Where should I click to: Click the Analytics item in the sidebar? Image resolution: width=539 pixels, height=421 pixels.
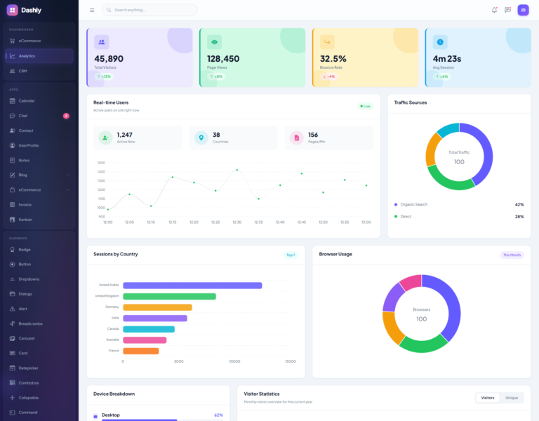(27, 56)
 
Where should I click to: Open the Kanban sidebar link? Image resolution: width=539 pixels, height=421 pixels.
(25, 220)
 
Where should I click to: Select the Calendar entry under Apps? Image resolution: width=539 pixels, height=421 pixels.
(27, 101)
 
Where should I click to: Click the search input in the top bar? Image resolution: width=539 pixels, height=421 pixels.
(150, 10)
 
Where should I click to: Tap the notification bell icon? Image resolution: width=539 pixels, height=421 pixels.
(494, 10)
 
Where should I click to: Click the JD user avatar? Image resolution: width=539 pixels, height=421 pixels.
(523, 10)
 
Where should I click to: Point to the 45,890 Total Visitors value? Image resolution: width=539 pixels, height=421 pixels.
(109, 59)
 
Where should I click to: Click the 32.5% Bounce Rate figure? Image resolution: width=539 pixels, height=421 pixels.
(333, 59)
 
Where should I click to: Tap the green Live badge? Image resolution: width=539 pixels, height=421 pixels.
(365, 107)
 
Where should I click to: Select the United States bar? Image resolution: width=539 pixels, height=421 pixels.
(192, 286)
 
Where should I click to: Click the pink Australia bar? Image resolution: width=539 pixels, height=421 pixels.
(145, 340)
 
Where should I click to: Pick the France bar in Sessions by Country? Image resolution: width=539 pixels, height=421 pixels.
(141, 351)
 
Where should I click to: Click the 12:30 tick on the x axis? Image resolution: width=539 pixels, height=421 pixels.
(237, 222)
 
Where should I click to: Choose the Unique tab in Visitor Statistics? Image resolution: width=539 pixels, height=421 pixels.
(512, 398)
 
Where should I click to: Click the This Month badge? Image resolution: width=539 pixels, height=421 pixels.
(512, 255)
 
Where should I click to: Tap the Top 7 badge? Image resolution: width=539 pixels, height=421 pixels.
(291, 255)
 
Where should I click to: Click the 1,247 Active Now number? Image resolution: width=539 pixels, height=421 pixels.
(124, 135)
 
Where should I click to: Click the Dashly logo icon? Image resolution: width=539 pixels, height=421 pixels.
(12, 10)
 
